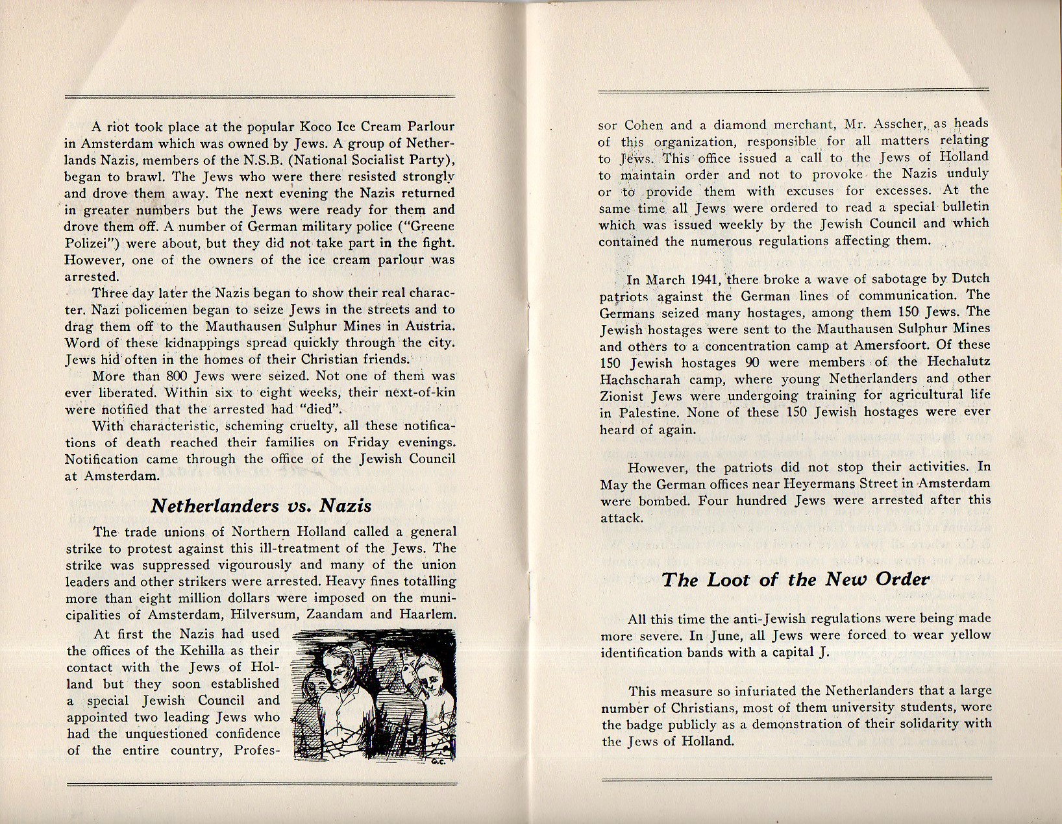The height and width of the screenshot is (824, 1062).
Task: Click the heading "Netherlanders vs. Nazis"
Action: (261, 506)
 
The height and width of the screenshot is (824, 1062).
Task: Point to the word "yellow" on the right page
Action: (967, 635)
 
